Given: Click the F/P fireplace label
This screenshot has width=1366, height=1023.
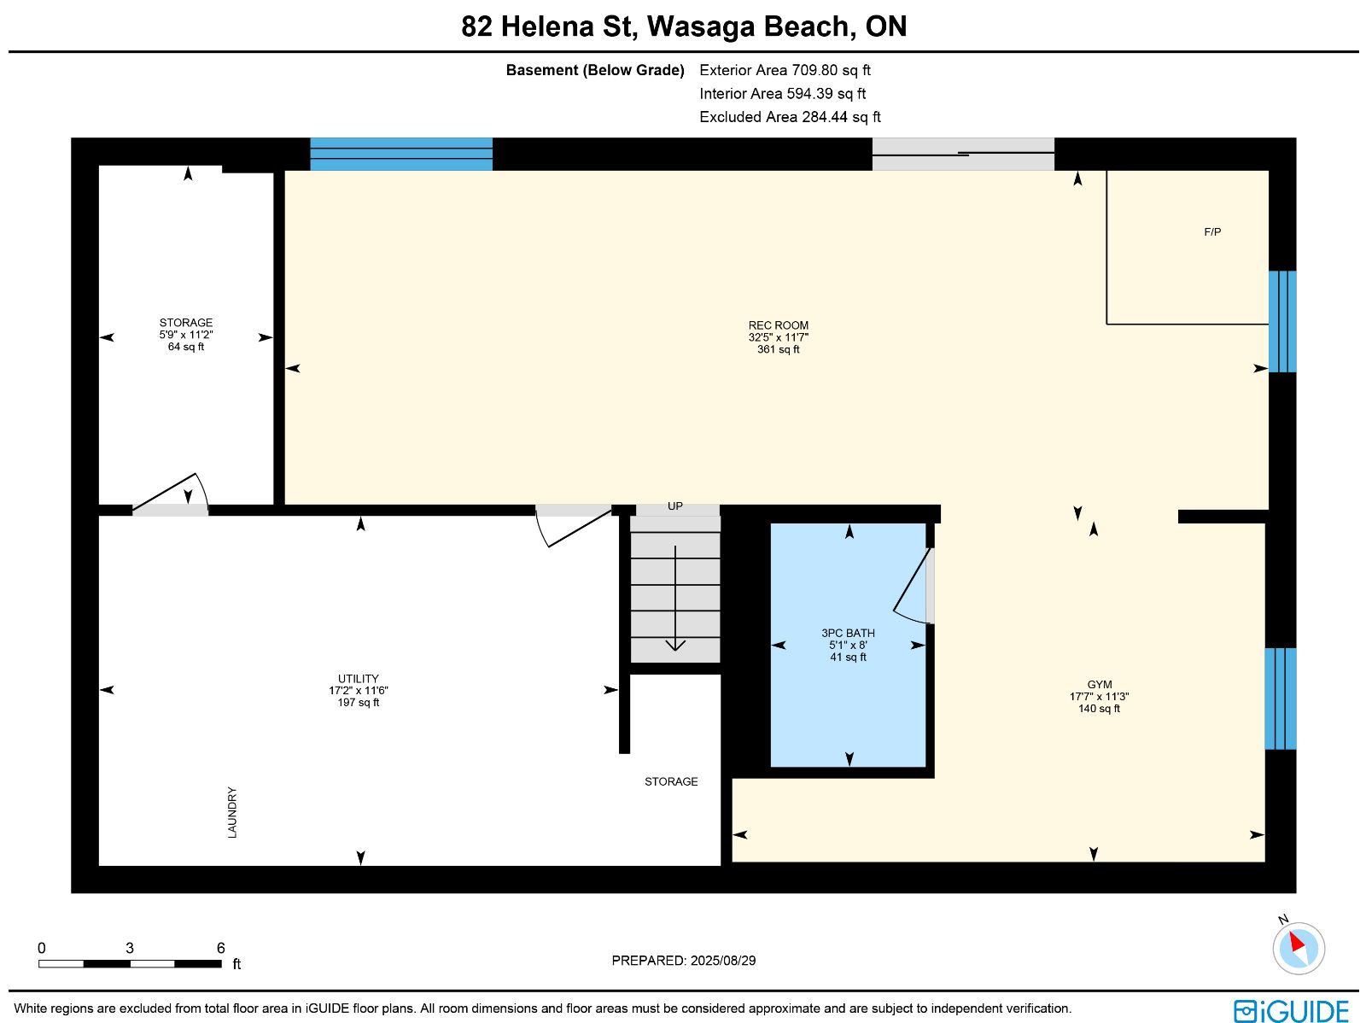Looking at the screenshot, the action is [1212, 232].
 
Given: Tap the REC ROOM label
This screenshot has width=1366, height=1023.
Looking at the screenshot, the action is [778, 325].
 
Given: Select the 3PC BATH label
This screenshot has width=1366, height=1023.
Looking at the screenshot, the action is [848, 633].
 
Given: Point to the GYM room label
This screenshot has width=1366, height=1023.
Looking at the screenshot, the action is [1099, 685].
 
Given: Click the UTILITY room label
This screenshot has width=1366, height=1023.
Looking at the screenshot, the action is [358, 678].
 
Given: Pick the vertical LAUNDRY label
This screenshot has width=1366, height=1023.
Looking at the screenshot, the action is [232, 812].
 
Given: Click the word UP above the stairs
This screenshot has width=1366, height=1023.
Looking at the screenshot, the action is [674, 506].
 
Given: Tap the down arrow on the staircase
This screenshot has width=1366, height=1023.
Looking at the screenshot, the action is [675, 599].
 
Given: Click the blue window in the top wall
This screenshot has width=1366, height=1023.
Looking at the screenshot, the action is [401, 155].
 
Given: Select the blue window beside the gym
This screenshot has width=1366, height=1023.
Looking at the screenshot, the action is [1281, 699].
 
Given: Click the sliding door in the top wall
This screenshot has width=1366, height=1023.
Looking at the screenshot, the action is [963, 155].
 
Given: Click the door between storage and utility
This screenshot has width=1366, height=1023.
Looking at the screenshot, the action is [170, 495].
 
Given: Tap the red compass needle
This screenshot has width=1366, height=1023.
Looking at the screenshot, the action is [1297, 942].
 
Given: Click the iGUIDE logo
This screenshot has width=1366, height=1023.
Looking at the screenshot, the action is [1292, 1010].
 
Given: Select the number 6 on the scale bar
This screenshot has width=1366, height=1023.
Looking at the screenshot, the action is [221, 948].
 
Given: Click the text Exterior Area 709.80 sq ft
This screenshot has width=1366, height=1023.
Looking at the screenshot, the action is [785, 70].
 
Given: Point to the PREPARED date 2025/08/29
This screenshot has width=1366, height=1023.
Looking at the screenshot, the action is [722, 960].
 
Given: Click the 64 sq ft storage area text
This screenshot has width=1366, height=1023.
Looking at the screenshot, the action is [186, 347].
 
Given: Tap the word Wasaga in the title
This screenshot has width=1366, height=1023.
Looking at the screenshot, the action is [699, 26].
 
